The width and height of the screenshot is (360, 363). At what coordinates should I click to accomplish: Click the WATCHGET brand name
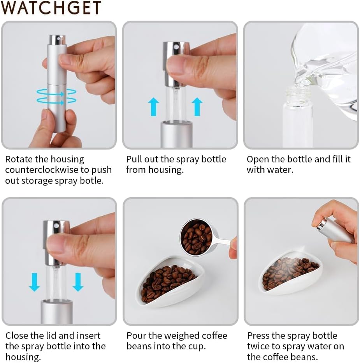51,8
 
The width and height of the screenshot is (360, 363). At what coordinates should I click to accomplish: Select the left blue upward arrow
154,106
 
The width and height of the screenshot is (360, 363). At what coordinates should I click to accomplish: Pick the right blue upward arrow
197,106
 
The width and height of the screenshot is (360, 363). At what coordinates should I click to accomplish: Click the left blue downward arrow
35,282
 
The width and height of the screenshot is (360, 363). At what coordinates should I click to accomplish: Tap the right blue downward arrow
78,282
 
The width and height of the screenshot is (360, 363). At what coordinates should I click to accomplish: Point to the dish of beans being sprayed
290,275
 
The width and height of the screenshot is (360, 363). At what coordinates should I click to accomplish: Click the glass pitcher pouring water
327,66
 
